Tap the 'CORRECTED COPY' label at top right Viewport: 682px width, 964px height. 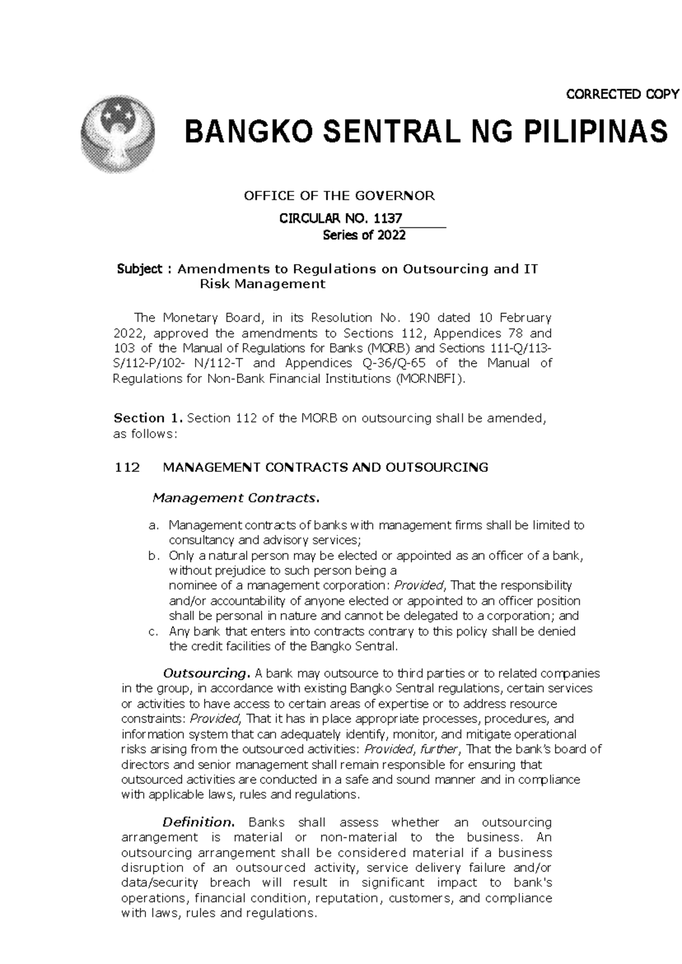622,94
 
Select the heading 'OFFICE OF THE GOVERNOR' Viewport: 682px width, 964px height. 339,197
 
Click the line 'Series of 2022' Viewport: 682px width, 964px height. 364,236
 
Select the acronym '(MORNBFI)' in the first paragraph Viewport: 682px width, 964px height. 427,379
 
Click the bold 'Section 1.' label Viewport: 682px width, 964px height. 148,419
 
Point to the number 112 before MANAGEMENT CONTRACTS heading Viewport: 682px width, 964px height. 127,468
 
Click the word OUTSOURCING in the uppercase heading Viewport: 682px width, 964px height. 436,468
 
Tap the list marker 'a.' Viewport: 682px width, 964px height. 152,525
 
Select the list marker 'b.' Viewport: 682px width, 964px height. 152,556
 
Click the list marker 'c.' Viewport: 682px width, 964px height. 152,631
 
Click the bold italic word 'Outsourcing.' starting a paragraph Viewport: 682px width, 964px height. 206,674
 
